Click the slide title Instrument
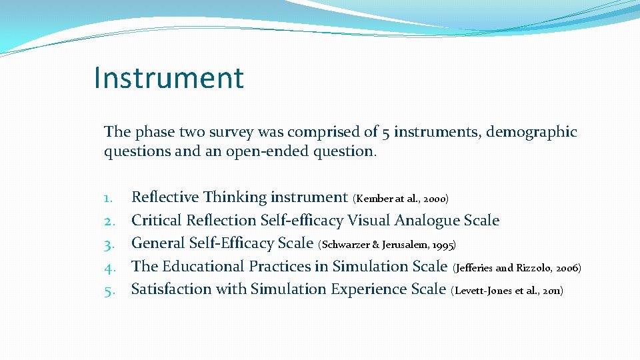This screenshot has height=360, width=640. (x=169, y=77)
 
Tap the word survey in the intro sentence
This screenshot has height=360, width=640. (x=237, y=132)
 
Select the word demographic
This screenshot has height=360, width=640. (x=531, y=132)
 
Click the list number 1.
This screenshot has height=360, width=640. (x=110, y=197)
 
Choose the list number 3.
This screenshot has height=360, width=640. (x=110, y=243)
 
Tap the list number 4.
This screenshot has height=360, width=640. (x=110, y=267)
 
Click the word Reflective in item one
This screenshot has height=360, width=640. (x=165, y=197)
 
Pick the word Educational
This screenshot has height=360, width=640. (x=202, y=267)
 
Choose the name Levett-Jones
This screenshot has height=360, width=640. (x=482, y=291)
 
